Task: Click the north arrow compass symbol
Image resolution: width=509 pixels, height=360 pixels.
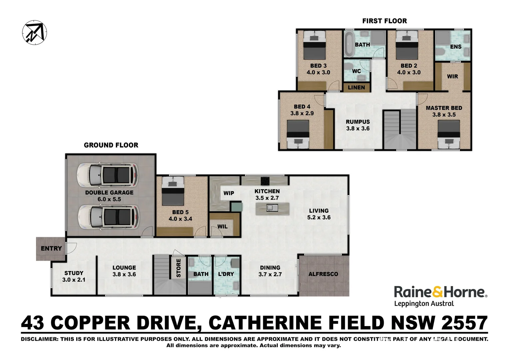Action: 34,33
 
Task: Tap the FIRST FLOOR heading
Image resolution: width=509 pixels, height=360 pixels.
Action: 384,21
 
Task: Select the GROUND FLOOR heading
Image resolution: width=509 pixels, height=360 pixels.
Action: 111,145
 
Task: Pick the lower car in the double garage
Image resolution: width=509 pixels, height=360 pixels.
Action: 108,217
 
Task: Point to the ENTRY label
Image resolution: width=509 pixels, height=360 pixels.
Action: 51,248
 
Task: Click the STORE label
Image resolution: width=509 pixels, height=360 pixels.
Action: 179,268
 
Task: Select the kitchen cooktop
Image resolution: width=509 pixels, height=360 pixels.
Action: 265,181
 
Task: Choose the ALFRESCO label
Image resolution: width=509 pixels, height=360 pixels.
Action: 323,274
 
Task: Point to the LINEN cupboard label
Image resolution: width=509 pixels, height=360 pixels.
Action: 356,88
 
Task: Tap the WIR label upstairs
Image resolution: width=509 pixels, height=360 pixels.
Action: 452,76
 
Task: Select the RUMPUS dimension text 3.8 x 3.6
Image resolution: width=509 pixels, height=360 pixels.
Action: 358,128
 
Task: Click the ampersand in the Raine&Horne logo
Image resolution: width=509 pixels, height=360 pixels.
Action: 438,292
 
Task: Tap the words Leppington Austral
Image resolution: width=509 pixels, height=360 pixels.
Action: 424,304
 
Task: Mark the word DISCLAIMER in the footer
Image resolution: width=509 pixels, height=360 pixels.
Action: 39,339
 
